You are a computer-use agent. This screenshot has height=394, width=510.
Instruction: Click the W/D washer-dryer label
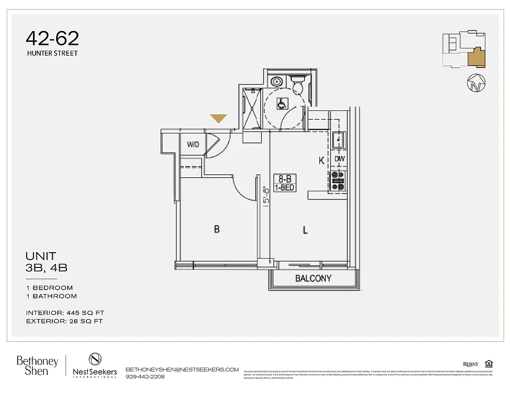tap(193, 144)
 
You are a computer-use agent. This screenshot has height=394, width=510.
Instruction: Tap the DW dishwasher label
tap(340, 159)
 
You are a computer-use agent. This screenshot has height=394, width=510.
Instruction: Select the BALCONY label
tap(313, 278)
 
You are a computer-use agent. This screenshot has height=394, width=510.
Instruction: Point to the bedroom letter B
tap(216, 229)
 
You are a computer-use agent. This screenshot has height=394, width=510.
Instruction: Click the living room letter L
tap(306, 230)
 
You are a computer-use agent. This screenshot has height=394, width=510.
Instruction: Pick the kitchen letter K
tap(321, 161)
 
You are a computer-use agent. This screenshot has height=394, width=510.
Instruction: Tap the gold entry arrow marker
tap(218, 118)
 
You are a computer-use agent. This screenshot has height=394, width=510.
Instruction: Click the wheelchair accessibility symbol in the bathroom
tap(281, 104)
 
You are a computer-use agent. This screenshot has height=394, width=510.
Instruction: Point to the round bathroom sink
tap(277, 81)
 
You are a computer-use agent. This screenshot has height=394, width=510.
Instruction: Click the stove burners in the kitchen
tap(339, 180)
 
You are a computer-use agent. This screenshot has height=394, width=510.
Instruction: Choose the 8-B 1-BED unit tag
tap(284, 183)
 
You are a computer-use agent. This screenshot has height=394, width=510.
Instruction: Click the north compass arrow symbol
tap(476, 82)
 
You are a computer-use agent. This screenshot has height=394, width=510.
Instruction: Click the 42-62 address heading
tap(52, 38)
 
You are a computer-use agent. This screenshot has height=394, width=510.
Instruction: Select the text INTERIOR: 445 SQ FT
tap(65, 313)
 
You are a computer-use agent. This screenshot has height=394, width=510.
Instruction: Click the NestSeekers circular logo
tap(95, 359)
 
